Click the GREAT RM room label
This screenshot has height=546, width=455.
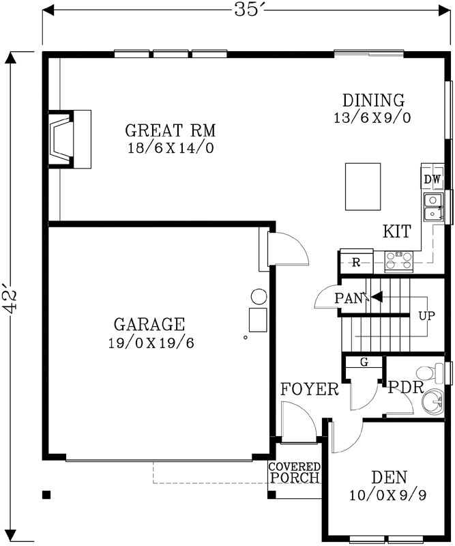[171, 130]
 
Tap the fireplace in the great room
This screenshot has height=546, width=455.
[65, 139]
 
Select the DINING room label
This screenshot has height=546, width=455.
[373, 100]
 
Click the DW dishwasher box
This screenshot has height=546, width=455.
[433, 179]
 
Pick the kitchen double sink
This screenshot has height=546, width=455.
[432, 208]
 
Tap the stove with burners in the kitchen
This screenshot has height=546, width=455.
[399, 259]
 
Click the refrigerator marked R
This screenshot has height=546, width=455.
[356, 261]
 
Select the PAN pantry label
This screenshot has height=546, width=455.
[348, 298]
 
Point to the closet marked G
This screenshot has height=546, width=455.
[364, 362]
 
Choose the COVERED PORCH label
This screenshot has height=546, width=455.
[294, 472]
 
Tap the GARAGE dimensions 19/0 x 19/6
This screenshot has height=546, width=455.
[151, 343]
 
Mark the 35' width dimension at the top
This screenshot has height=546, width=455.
[247, 10]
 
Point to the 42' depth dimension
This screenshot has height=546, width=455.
[10, 299]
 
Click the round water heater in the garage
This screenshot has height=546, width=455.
[259, 297]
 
